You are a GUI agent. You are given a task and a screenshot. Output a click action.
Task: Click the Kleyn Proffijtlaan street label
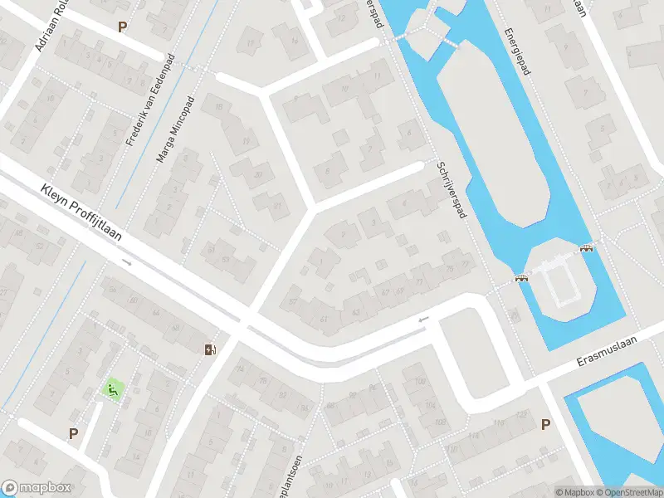(x=81, y=213)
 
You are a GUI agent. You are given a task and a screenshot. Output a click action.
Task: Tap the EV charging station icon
(x=210, y=349)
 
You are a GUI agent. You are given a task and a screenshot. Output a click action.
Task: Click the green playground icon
(x=112, y=388)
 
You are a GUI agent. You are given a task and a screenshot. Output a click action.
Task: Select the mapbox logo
(x=36, y=488)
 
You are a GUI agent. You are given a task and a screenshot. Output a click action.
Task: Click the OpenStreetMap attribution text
(x=627, y=492)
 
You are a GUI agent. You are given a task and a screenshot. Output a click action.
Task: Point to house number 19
(x=246, y=142)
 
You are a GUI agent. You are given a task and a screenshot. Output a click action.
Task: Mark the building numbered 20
(x=259, y=174)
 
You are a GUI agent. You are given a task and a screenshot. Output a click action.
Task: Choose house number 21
(x=277, y=205)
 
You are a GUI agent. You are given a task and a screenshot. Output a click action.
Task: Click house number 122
(x=520, y=414)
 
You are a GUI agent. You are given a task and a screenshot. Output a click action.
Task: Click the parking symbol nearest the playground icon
(x=73, y=433)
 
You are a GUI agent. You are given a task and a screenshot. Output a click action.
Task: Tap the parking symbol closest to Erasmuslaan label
(x=545, y=425)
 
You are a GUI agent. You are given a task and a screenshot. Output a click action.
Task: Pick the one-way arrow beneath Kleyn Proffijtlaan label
(x=127, y=262)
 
